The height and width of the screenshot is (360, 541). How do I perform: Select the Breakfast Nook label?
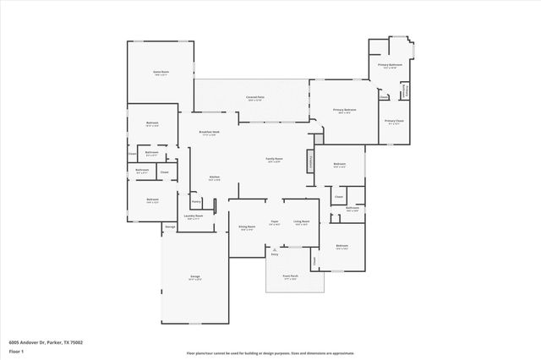[x=210, y=133]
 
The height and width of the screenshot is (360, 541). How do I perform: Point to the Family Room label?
[x=274, y=160]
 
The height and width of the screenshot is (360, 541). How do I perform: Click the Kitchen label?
[x=214, y=177]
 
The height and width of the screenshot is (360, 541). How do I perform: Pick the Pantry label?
[x=195, y=201]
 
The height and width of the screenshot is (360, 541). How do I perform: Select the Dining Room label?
[x=247, y=227]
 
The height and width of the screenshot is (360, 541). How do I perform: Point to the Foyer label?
[x=275, y=222]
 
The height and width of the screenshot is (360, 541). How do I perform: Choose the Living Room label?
[x=301, y=222]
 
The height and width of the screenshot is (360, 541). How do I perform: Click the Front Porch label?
[x=289, y=276]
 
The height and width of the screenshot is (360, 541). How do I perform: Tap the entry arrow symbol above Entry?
[x=274, y=249]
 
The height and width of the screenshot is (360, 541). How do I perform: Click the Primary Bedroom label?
[x=344, y=111]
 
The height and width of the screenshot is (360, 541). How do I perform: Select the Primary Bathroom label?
[x=389, y=65]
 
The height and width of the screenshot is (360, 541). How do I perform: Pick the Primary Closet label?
[x=394, y=122]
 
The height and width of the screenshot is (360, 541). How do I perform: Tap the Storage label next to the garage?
[x=169, y=227]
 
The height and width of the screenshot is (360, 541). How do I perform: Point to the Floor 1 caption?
[x=17, y=351]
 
